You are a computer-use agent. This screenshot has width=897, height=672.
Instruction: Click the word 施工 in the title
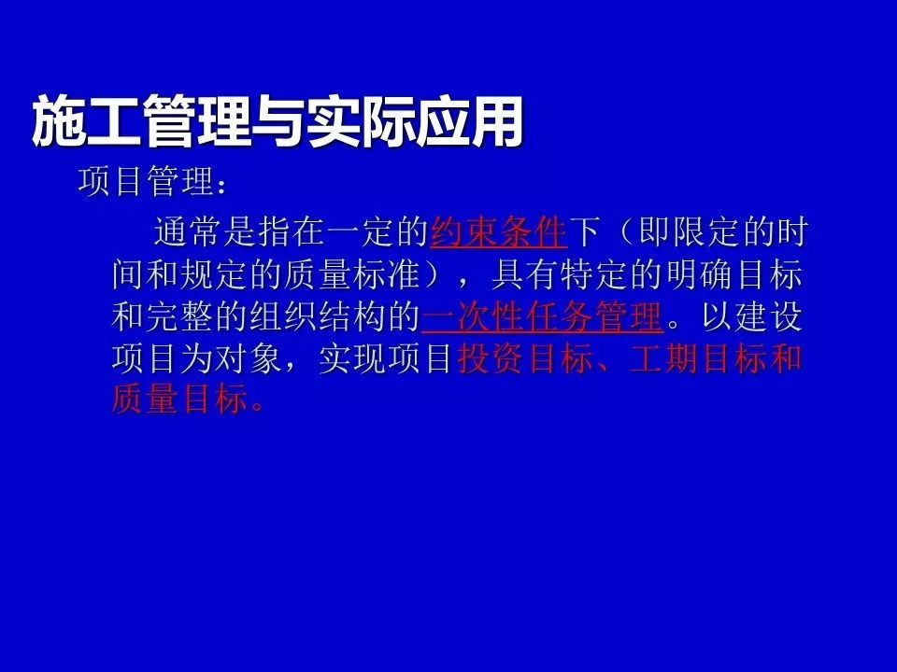click(x=87, y=120)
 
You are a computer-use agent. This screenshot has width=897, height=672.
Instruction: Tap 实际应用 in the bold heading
click(x=414, y=120)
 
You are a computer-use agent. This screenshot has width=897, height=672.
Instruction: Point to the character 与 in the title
click(x=278, y=120)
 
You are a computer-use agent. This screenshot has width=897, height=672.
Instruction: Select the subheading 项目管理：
click(x=152, y=182)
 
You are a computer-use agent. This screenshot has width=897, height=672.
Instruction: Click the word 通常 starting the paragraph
click(x=188, y=231)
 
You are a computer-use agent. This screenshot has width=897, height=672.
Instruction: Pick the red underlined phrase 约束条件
click(x=498, y=231)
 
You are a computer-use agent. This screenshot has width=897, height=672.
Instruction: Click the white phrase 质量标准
click(x=352, y=274)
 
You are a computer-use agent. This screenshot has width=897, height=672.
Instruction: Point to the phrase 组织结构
click(x=318, y=316)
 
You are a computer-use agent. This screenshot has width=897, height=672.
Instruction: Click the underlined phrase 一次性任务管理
click(x=542, y=316)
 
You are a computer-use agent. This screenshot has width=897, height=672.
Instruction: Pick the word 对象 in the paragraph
click(x=249, y=358)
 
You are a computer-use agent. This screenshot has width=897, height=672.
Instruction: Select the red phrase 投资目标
click(x=525, y=358)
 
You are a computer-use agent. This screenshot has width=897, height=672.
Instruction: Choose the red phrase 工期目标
click(x=698, y=358)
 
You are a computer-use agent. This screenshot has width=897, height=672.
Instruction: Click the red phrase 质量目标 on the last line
click(x=179, y=399)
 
